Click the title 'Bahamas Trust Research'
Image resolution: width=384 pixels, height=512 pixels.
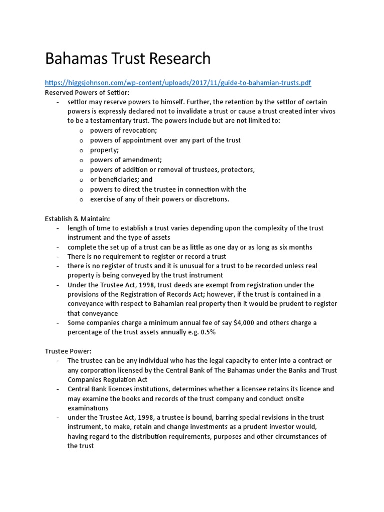tap(128, 59)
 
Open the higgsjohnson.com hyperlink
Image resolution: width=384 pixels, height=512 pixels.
tap(181, 83)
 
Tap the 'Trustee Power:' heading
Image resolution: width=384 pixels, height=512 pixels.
tap(66, 351)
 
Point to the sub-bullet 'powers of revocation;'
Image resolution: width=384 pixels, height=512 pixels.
tap(123, 131)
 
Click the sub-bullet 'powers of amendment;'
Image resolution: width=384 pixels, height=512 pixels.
tap(126, 160)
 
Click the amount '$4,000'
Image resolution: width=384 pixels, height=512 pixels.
tap(245, 323)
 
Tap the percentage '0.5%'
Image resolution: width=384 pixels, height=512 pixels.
tap(207, 332)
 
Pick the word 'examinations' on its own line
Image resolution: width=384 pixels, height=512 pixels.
tap(88, 408)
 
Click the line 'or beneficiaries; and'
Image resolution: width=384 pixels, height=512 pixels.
tap(121, 180)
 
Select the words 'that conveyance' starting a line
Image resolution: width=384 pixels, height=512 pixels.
tap(93, 313)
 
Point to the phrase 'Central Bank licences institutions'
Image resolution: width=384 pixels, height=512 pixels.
tap(122, 389)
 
